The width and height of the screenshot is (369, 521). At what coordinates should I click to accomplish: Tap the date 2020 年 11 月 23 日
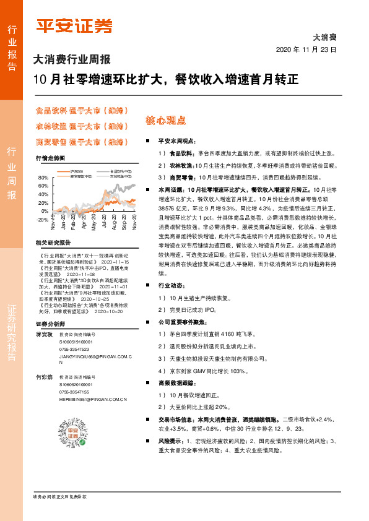coord(306,50)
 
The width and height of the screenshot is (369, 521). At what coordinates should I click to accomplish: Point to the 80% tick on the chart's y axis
coord(43,178)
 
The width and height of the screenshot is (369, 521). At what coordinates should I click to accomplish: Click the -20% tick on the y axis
coord(43,220)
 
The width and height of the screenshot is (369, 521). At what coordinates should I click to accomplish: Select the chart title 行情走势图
coord(50,158)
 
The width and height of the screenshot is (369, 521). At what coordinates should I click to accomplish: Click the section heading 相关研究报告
coord(54,243)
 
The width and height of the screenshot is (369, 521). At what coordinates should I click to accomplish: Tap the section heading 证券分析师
coord(50,324)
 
